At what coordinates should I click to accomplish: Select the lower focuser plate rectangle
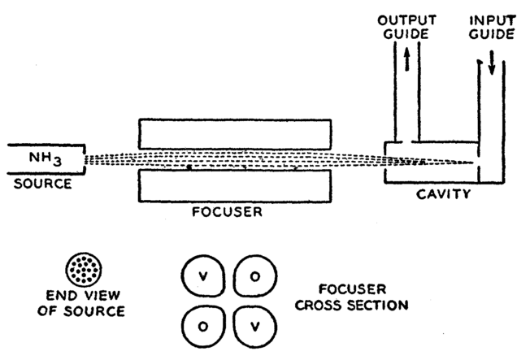(234, 185)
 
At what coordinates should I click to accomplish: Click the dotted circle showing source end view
(85, 267)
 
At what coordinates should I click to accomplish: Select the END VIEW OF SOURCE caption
(85, 303)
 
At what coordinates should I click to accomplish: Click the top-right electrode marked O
(254, 276)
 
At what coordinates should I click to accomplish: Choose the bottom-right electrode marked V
(254, 327)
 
